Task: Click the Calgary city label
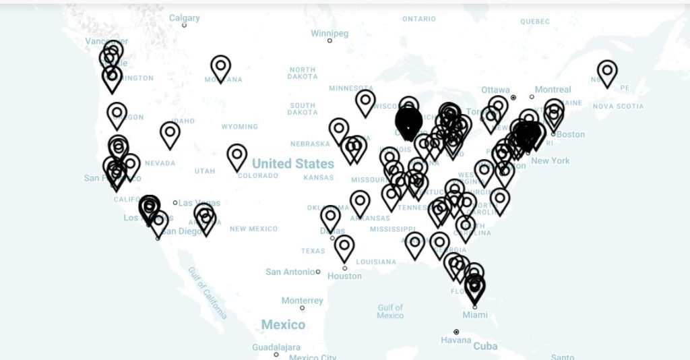184,18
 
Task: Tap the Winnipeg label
330,34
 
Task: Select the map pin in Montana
221,67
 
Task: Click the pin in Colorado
237,156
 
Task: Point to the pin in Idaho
170,133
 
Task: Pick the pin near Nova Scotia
607,71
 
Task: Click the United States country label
293,164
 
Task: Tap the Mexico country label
283,325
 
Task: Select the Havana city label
456,340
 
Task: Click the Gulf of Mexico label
390,311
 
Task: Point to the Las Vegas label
199,203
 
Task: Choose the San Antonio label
290,272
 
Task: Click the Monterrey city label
302,301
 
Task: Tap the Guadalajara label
276,347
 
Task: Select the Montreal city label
553,90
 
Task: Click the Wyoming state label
239,127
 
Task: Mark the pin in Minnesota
365,102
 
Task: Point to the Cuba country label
485,347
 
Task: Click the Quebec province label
535,22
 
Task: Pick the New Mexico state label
253,229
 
